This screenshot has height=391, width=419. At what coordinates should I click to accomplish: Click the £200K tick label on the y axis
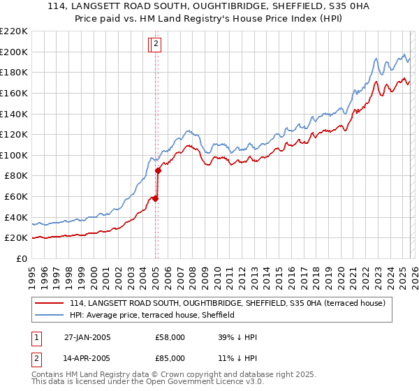(x=14, y=52)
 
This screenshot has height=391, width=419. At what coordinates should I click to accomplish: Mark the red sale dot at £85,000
(x=159, y=170)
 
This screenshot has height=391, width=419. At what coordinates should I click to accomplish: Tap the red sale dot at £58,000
(x=156, y=198)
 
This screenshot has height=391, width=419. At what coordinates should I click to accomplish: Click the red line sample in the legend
(x=50, y=304)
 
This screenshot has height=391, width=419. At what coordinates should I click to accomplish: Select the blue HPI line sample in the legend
(x=50, y=316)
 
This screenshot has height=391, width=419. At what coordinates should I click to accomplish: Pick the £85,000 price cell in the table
(x=170, y=358)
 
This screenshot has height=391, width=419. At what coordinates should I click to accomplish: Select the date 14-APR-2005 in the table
(x=87, y=358)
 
